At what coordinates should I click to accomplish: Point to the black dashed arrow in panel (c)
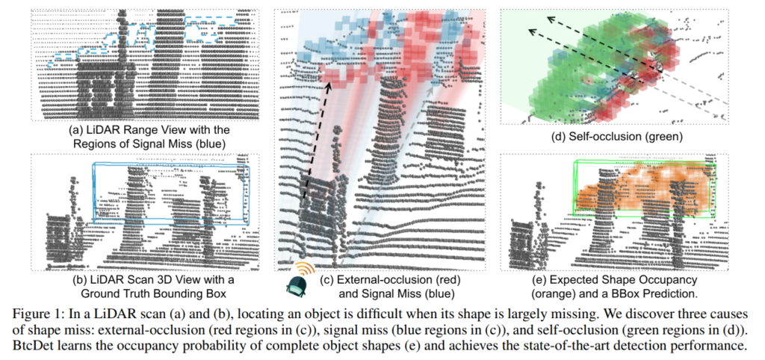tap(317, 138)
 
